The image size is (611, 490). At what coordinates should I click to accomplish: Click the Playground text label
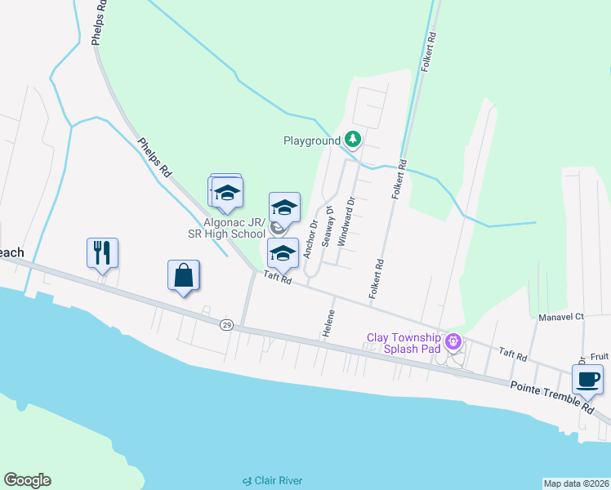(311, 140)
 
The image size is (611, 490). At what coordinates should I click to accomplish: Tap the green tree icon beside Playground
(353, 140)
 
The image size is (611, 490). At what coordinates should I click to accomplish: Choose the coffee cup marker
(587, 379)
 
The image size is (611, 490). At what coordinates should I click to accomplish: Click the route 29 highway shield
(225, 325)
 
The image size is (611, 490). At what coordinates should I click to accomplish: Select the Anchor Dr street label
(310, 239)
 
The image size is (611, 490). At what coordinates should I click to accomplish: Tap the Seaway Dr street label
(328, 226)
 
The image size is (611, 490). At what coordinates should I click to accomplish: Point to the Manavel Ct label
(561, 316)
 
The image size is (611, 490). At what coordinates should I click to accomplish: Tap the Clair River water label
(272, 480)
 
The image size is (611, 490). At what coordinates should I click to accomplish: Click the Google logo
(27, 480)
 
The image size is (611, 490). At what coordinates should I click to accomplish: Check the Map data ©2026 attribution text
(576, 483)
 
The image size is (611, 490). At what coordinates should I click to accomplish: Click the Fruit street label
(600, 356)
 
